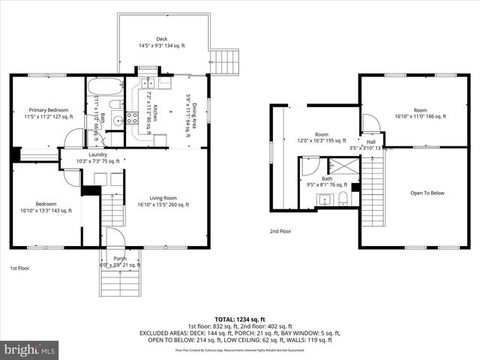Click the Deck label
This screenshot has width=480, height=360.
click(161, 39)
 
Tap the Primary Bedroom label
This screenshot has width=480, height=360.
click(46, 109)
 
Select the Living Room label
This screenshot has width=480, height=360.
click(163, 197)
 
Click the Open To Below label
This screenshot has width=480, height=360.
click(427, 193)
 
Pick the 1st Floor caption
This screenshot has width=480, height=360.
click(20, 268)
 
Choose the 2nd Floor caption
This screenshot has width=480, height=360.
click(280, 231)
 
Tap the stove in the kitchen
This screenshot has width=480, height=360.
click(132, 117)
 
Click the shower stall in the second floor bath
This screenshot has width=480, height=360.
click(349, 166)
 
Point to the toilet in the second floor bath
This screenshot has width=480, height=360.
click(342, 198)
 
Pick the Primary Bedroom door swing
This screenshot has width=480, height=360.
click(73, 138)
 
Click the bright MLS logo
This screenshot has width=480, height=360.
click(29, 349)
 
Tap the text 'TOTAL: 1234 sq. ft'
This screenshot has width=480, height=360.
click(239, 319)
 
